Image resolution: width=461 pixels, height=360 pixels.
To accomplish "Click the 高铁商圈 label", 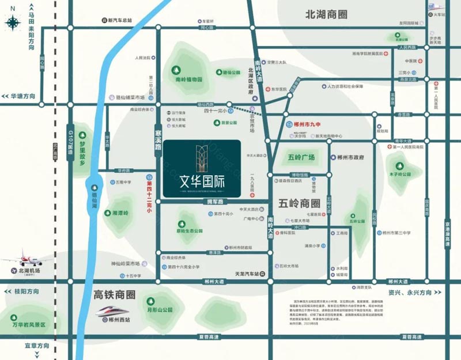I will (114, 295).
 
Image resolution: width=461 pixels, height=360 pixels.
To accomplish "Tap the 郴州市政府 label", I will (351, 157).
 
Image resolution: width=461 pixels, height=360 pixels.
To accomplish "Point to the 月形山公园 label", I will (160, 309).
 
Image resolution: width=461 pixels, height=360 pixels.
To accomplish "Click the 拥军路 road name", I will (214, 202).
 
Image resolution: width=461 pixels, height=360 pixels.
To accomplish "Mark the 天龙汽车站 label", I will (248, 274).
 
